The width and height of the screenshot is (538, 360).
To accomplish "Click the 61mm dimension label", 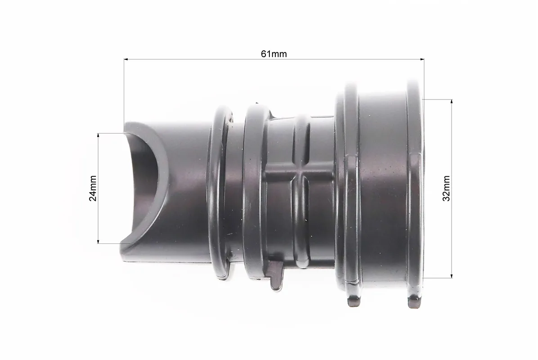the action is coord(274,54).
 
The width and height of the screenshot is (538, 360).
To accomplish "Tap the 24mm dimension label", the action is coord(93,188).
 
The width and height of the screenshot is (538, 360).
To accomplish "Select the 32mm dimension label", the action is coord(446,188).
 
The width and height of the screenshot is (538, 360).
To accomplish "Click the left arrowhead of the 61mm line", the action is coord(126,59).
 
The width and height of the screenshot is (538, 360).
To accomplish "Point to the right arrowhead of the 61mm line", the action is coord(422,59).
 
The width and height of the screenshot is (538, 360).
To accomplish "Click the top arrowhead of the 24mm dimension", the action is coord(98,135).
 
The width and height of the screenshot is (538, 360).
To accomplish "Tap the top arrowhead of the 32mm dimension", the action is coord(452,102).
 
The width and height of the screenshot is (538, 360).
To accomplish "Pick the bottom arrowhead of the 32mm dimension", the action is coord(452,275).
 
